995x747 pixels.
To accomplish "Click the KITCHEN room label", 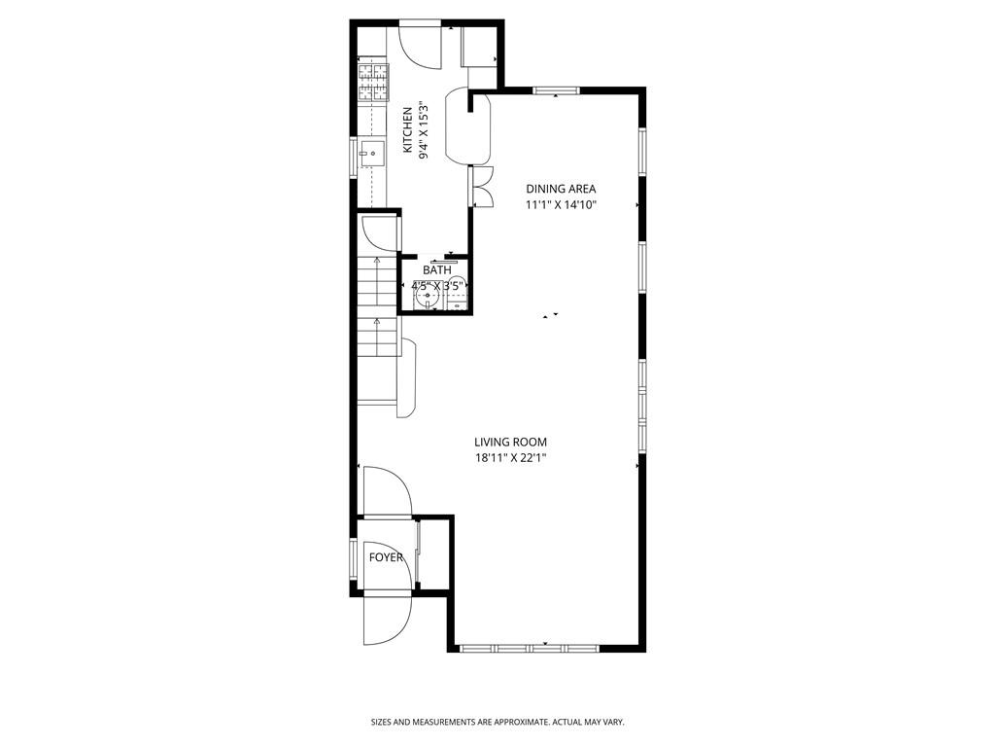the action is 407,129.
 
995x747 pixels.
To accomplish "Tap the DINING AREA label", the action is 561,189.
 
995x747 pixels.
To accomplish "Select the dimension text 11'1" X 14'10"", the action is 561,204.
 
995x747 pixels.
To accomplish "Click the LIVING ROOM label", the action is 510,443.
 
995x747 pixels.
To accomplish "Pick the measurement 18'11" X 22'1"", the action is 510,458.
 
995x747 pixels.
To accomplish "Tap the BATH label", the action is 437,270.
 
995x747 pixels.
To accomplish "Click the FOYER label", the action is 386,557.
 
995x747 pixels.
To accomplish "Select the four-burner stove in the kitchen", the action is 373,83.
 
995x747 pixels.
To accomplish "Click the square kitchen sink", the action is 372,154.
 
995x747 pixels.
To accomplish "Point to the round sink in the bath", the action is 428,295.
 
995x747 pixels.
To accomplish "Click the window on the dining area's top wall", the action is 556,90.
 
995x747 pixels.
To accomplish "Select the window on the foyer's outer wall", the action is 354,559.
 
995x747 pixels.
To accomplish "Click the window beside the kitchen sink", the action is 354,157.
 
